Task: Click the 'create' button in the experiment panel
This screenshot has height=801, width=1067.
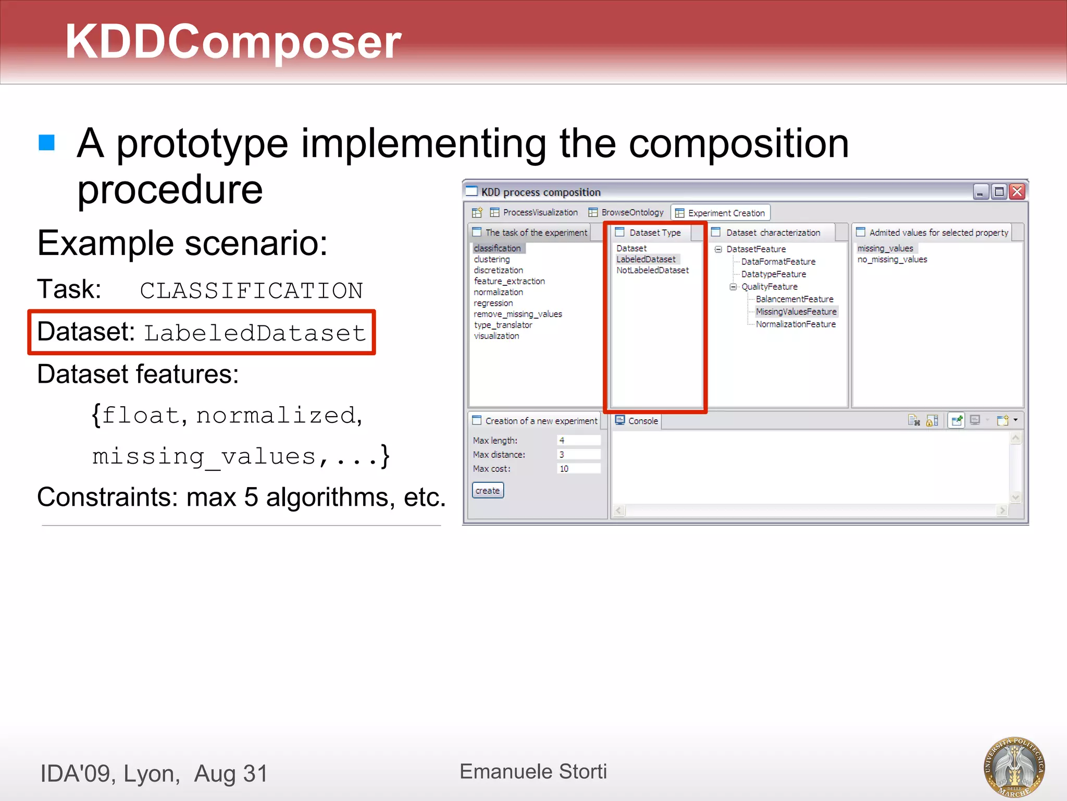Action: pyautogui.click(x=488, y=490)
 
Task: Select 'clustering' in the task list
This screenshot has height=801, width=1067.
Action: pyautogui.click(x=492, y=259)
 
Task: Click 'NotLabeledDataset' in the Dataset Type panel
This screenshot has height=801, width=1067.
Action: pyautogui.click(x=652, y=270)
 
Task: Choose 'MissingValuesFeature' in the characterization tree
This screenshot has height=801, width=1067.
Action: pyautogui.click(x=796, y=311)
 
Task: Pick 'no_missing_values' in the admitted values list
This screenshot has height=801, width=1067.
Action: pyautogui.click(x=892, y=259)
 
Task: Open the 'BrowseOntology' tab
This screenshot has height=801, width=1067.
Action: pyautogui.click(x=632, y=212)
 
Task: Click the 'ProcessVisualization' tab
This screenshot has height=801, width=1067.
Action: pyautogui.click(x=540, y=212)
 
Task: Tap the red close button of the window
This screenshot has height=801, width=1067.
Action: pyautogui.click(x=1016, y=192)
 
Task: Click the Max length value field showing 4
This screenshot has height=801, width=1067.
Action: pyautogui.click(x=578, y=440)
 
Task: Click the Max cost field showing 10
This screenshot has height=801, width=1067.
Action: pyautogui.click(x=578, y=468)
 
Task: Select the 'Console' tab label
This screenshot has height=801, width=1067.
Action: pyautogui.click(x=642, y=421)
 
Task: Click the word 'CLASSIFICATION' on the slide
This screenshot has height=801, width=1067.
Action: pyautogui.click(x=251, y=290)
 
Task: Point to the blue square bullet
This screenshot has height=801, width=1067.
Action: pyautogui.click(x=47, y=142)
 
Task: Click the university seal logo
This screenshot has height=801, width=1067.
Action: pyautogui.click(x=1013, y=767)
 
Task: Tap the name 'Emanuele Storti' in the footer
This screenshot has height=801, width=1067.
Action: pyautogui.click(x=533, y=771)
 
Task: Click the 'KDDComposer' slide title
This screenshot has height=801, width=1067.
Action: pyautogui.click(x=233, y=42)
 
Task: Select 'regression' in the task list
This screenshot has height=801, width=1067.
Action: pyautogui.click(x=493, y=303)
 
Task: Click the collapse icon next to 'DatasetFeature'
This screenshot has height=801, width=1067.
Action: pyautogui.click(x=718, y=249)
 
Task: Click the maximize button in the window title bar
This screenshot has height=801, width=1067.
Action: pyautogui.click(x=999, y=192)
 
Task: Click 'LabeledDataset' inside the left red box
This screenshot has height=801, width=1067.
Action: pyautogui.click(x=255, y=333)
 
